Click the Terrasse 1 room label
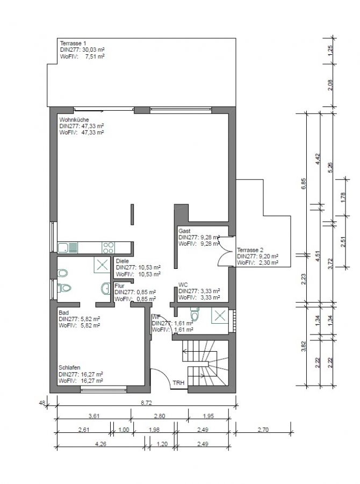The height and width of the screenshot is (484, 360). click(x=73, y=42)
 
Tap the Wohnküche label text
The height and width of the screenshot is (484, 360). click(x=74, y=119)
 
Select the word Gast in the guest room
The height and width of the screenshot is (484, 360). click(x=184, y=231)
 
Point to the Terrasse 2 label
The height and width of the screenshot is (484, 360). click(x=251, y=250)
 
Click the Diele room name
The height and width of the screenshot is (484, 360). click(x=122, y=261)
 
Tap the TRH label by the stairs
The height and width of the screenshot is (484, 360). click(x=178, y=383)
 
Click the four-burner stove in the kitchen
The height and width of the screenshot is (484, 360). click(x=108, y=247)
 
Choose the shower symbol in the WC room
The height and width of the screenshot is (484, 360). click(x=218, y=315)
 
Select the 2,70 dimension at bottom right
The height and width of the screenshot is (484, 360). click(x=264, y=429)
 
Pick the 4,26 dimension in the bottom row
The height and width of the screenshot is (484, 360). click(x=100, y=444)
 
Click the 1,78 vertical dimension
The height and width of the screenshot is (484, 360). click(x=344, y=197)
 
